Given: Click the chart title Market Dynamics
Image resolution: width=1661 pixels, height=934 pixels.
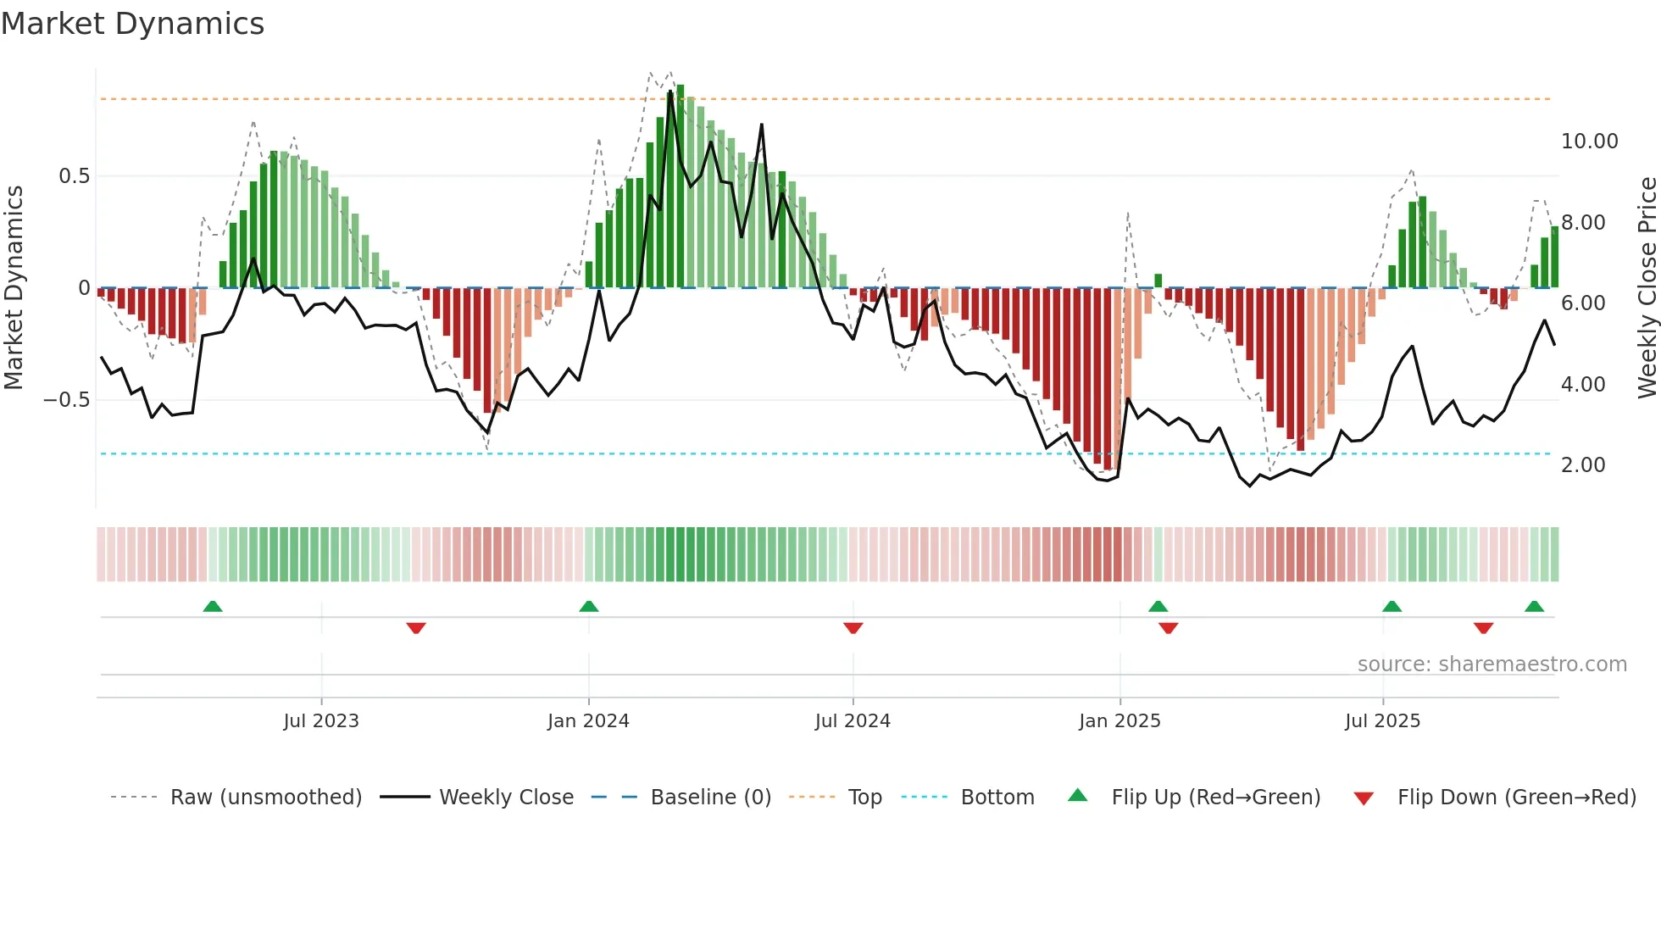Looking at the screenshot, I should pyautogui.click(x=133, y=24).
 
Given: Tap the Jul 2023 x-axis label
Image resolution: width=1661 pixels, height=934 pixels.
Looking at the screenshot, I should pyautogui.click(x=321, y=721).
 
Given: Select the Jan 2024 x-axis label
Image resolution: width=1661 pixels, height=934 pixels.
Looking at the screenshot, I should pyautogui.click(x=588, y=721).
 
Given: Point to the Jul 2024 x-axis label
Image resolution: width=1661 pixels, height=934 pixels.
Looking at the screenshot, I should pyautogui.click(x=853, y=721).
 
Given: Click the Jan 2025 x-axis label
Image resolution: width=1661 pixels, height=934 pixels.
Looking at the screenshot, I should pyautogui.click(x=1119, y=721).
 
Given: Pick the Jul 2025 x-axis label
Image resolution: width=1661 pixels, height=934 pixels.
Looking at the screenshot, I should pyautogui.click(x=1382, y=721).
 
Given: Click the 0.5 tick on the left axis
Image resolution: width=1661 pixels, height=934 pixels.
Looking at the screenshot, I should pyautogui.click(x=74, y=176).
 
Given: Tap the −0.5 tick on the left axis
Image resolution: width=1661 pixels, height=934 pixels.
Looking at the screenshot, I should pyautogui.click(x=67, y=400).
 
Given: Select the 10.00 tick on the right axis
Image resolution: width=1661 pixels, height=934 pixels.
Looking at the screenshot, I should pyautogui.click(x=1589, y=142).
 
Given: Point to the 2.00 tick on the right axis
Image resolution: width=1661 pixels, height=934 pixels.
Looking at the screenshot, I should pyautogui.click(x=1583, y=465).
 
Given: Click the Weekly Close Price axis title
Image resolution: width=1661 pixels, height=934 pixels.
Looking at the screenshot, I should pyautogui.click(x=1647, y=288).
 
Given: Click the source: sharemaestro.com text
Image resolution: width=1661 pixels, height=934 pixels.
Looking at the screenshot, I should pyautogui.click(x=1492, y=664).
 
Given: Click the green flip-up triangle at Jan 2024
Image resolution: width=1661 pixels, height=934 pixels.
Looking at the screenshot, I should pyautogui.click(x=589, y=606).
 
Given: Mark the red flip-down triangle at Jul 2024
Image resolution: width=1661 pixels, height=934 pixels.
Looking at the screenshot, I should pyautogui.click(x=853, y=628).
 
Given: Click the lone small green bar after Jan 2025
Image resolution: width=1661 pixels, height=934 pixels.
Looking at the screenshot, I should pyautogui.click(x=1158, y=281).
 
